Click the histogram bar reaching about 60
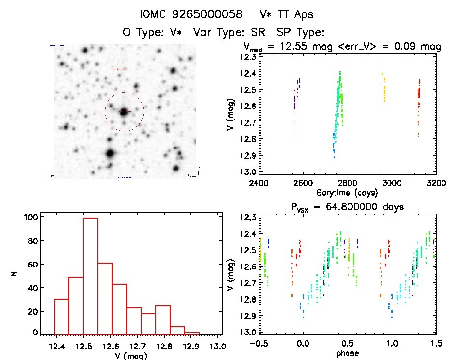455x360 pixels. click(x=105, y=299)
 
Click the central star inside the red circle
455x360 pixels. click(x=124, y=112)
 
